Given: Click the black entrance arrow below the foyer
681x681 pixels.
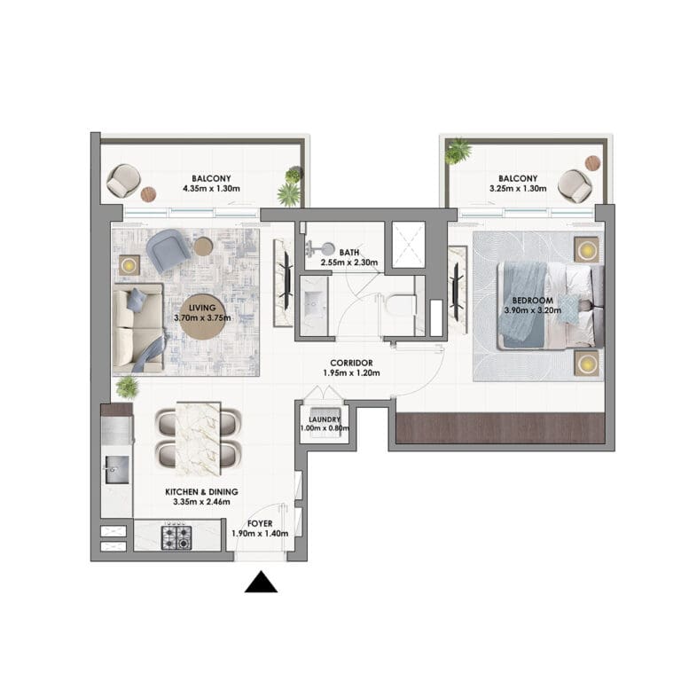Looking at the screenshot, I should (261, 583).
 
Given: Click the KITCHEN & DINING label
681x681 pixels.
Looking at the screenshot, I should (201, 490).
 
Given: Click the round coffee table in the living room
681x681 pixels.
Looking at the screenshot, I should (203, 323).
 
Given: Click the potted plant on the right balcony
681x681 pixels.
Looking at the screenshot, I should (458, 151).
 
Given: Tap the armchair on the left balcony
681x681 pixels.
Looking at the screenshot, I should (121, 181).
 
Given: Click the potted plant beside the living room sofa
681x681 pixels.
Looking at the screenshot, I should (127, 387).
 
